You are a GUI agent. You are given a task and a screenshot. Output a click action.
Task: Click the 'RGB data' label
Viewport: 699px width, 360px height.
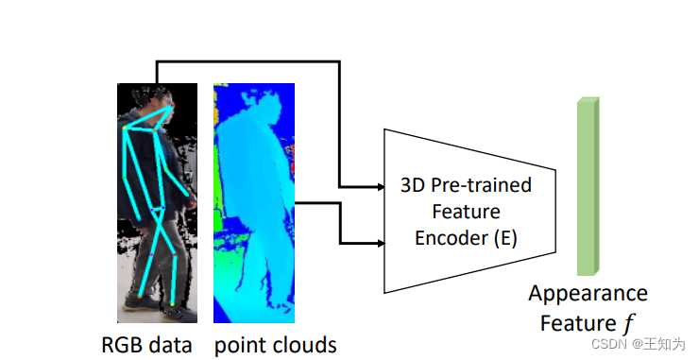[x=146, y=345]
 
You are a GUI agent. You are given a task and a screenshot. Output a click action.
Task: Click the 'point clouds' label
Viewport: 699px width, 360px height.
[x=275, y=345]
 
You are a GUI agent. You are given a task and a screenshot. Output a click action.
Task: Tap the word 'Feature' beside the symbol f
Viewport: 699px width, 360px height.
[x=576, y=323]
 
